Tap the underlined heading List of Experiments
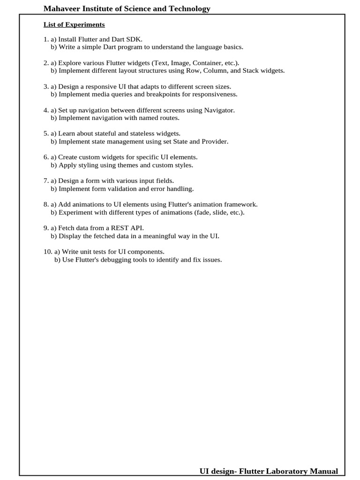(x=74, y=24)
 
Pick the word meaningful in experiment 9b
(x=158, y=236)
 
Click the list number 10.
(x=47, y=252)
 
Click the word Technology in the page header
(x=187, y=9)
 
